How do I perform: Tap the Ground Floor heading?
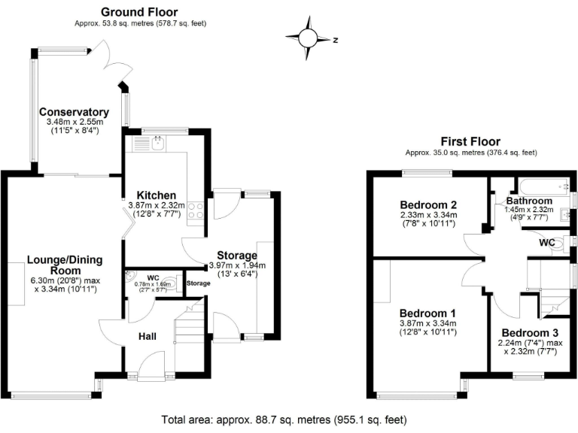pos(140,12)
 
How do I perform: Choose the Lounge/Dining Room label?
pos(65,265)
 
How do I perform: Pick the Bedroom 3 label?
pos(530,333)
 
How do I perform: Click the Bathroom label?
pos(529,201)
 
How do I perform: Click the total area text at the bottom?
pos(288,419)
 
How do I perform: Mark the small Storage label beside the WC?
pos(198,283)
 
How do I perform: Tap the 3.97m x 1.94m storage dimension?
pos(237,265)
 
